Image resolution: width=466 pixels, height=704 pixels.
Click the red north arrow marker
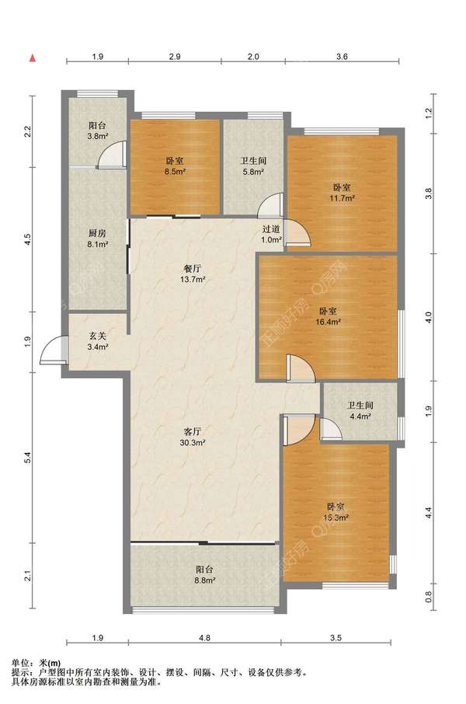click(x=33, y=58)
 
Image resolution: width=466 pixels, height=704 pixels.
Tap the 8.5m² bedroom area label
click(x=174, y=166)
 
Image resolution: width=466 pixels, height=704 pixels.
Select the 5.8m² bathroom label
click(x=252, y=166)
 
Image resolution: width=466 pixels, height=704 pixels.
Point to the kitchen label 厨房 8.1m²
click(x=97, y=239)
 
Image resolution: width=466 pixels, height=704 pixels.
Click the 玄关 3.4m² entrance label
click(x=97, y=341)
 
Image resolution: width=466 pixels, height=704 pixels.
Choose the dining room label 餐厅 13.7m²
click(x=193, y=274)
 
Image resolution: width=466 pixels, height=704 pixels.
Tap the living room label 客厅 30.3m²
click(x=193, y=437)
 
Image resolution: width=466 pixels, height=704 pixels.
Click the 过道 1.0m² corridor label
click(x=271, y=234)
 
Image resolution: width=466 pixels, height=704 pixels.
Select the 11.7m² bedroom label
click(x=342, y=192)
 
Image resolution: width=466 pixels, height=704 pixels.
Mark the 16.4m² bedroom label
click(x=329, y=315)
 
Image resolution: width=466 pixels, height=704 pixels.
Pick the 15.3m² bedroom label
click(x=336, y=512)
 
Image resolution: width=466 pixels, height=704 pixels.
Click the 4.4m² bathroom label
click(x=360, y=410)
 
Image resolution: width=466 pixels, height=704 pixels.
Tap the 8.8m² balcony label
click(x=205, y=574)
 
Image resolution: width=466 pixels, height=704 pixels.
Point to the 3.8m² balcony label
click(x=97, y=131)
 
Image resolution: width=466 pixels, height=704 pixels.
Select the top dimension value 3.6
click(x=342, y=57)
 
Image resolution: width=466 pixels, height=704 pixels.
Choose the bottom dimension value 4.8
click(x=205, y=637)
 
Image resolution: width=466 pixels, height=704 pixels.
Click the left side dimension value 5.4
click(x=27, y=458)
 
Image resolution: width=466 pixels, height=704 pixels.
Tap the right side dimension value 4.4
click(x=428, y=513)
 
